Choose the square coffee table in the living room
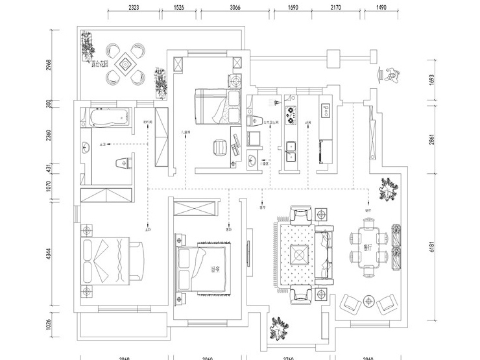click(x=299, y=256)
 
